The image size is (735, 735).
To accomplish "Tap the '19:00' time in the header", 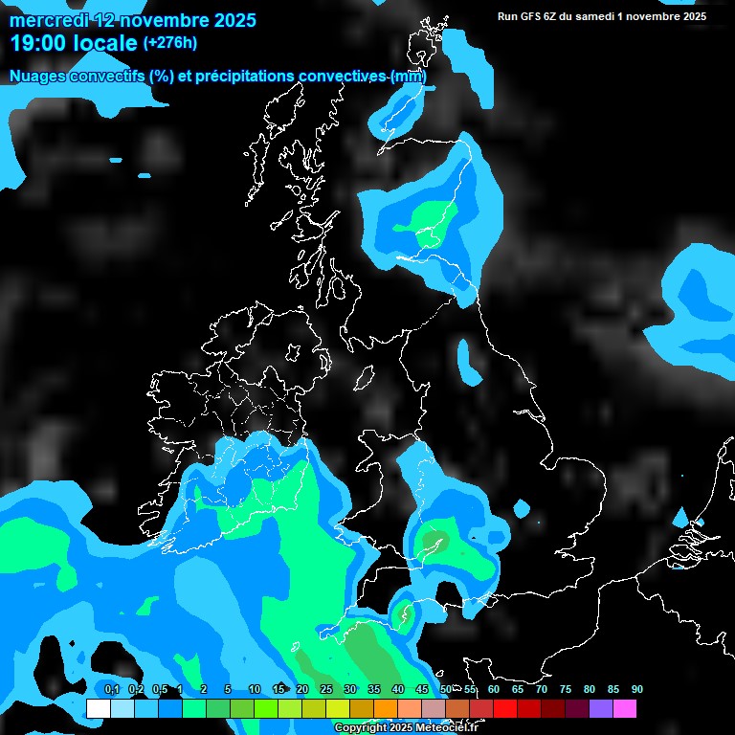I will click(40, 42).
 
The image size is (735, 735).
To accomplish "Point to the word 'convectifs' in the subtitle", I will click(104, 76).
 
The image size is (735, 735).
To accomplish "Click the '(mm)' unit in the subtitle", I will click(409, 76).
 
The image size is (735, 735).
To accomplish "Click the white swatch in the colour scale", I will click(98, 708).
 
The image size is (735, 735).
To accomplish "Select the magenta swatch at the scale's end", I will click(625, 708).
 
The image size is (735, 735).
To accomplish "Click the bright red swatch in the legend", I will click(505, 708).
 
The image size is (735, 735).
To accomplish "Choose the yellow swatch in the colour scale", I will click(338, 708).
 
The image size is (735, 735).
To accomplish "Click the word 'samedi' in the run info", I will click(603, 15).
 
